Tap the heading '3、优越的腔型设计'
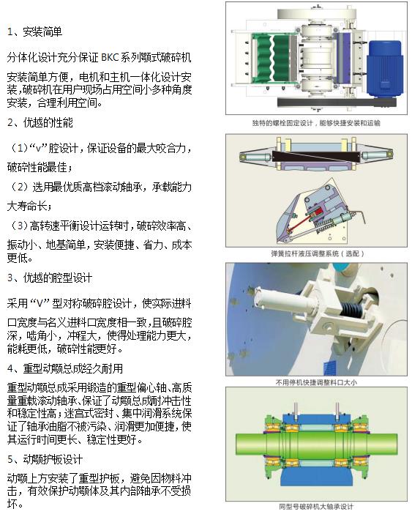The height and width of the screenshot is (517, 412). tap(49, 278)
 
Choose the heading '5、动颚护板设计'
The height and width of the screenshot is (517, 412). tap(45, 459)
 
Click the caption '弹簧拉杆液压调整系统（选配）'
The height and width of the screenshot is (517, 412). tap(316, 253)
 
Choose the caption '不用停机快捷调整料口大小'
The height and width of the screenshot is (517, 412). tap(316, 382)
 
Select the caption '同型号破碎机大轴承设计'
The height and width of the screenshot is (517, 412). tap(316, 506)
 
